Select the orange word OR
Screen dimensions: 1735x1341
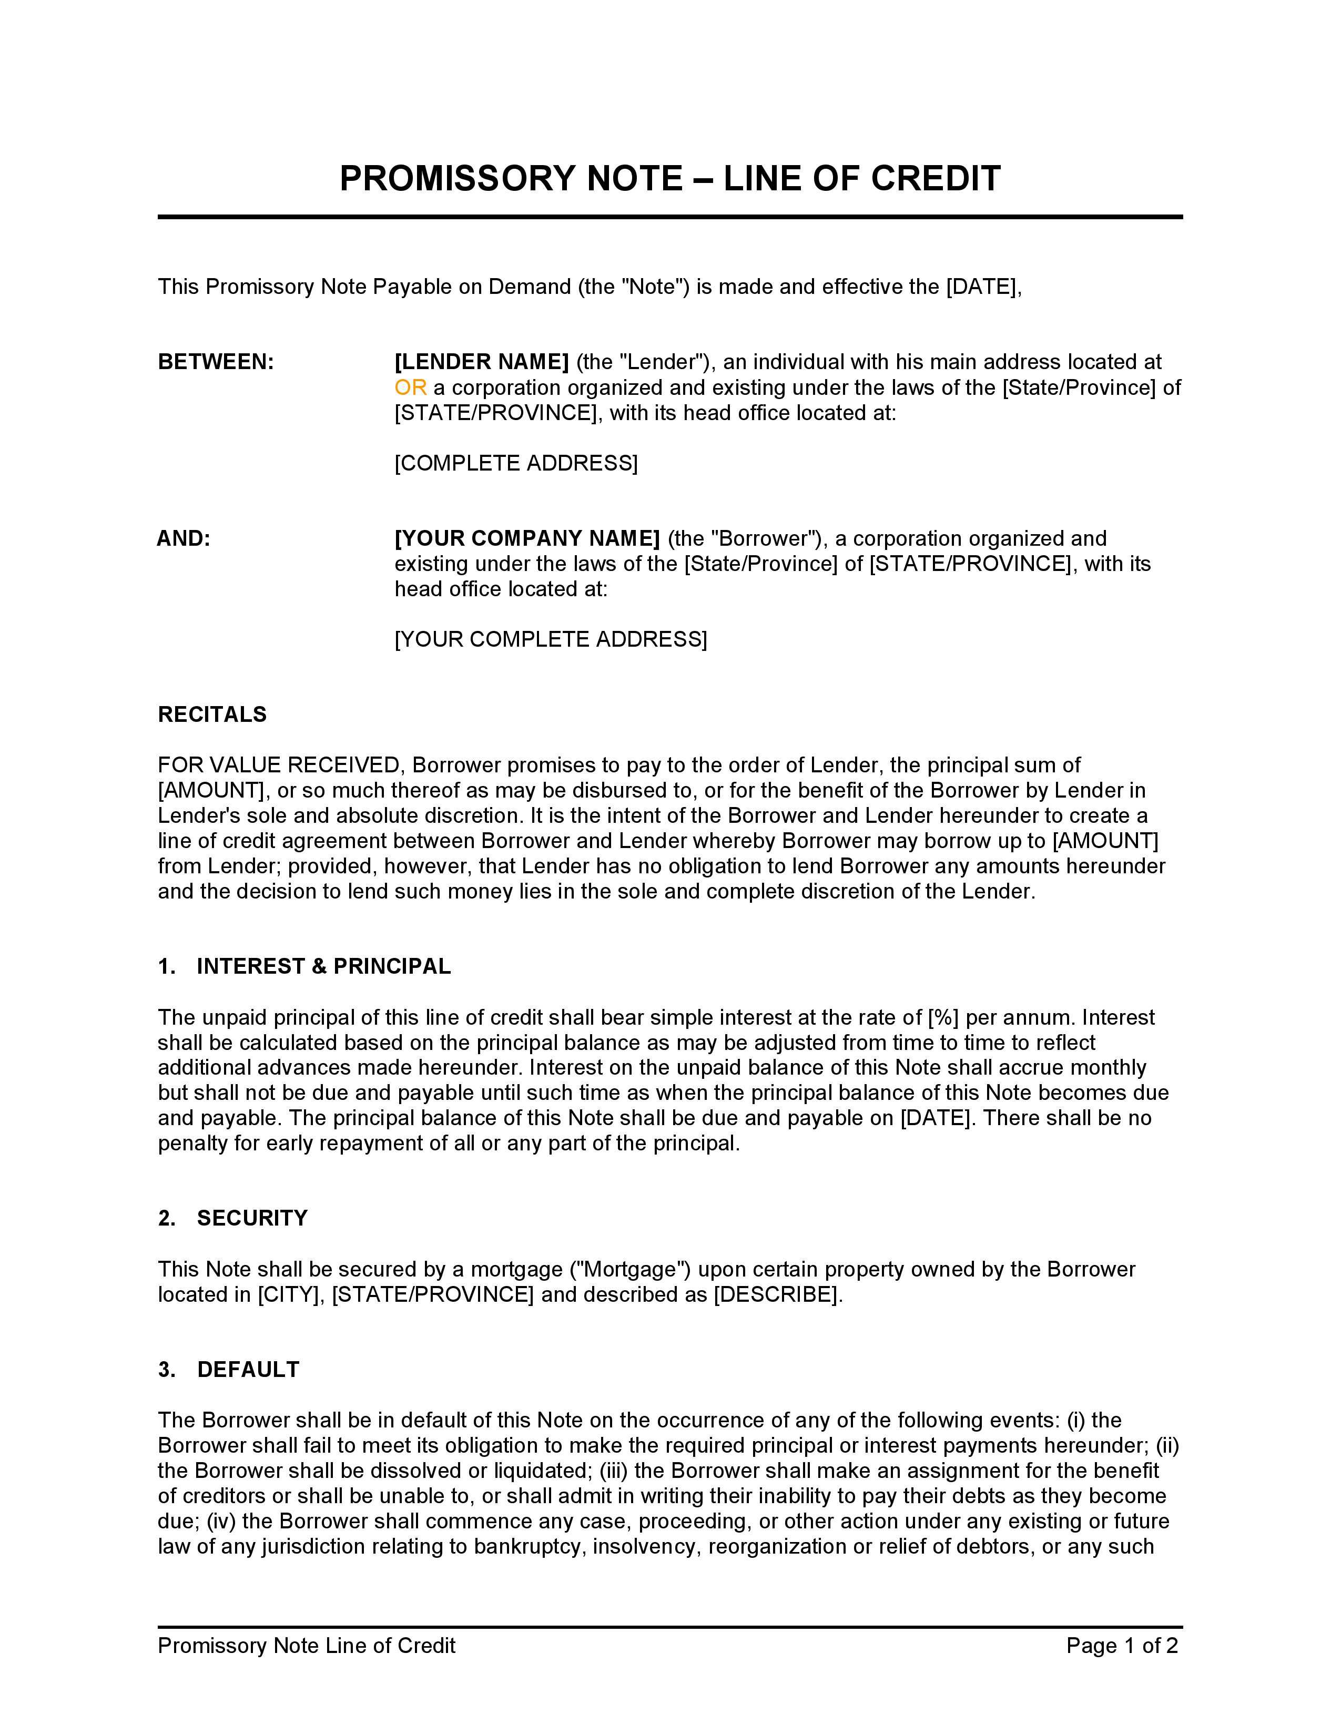coord(410,387)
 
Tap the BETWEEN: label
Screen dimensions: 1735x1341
coord(215,362)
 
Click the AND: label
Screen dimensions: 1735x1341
coord(184,538)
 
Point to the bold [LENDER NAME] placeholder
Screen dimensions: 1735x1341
coord(481,362)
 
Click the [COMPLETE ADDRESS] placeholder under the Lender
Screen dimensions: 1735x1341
coord(515,463)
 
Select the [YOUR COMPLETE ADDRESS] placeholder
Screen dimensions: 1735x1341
coord(551,639)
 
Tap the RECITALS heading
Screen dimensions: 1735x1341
coord(212,714)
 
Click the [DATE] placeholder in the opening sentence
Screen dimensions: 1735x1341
coord(981,287)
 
